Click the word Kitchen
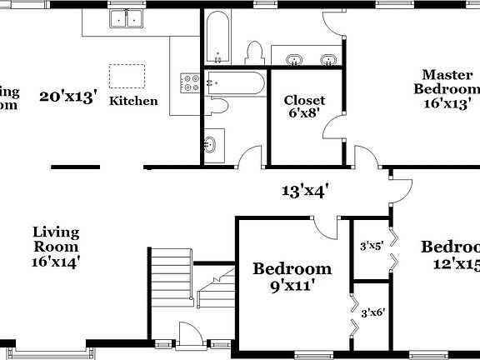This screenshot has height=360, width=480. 133,101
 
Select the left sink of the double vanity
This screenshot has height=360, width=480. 294,59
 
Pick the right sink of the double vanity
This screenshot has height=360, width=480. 328,59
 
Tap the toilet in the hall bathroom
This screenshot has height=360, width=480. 218,106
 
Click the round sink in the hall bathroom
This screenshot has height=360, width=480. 210,144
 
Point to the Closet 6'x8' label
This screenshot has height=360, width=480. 304,107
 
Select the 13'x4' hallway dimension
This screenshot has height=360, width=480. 303,191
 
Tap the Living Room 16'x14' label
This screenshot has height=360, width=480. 56,247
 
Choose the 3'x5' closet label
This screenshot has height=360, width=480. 370,247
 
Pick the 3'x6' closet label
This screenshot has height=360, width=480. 372,312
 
